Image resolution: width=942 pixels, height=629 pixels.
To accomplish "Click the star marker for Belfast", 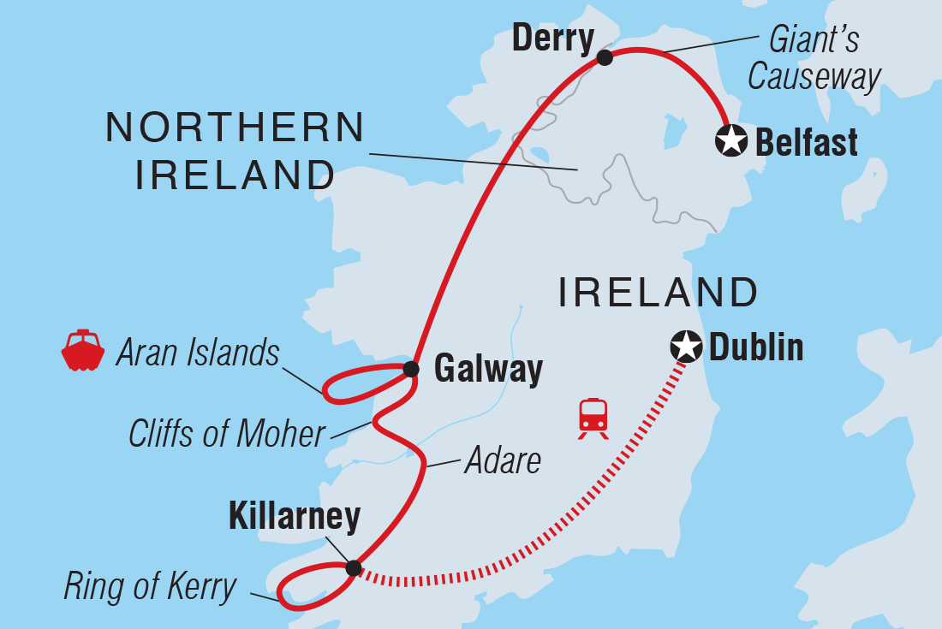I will pos(730,140).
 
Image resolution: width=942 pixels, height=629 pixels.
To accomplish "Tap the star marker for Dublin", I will pos(685,347).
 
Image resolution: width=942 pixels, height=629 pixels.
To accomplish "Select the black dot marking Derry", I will pos(605,57).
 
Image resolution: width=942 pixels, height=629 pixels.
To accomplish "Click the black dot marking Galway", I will pos(411,369).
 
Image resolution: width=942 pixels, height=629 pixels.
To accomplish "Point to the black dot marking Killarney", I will pos(353,567).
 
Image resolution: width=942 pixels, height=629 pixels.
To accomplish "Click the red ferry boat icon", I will pos(82,350).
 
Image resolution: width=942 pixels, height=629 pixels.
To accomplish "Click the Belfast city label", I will pos(806,142).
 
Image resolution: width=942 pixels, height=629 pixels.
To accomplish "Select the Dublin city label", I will pos(756,347).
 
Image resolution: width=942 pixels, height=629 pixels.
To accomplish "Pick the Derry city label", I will pos(552,39).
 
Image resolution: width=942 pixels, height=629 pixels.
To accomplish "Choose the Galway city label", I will pos(488,370).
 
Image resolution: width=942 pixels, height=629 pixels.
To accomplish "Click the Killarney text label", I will pos(295,517).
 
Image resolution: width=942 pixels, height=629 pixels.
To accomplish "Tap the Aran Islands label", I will pos(198,352).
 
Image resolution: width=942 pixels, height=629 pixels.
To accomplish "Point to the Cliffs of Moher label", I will pos(227,434).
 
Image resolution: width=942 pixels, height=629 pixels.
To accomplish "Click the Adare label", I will pos(503,461).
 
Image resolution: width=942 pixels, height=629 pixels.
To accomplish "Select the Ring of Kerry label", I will pos(150,587).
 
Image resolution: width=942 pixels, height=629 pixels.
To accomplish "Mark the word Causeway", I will pos(814,77).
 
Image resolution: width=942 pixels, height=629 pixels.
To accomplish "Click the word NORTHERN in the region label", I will pos(235,128).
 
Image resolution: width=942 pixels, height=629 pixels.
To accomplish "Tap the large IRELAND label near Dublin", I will pos(658,293).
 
